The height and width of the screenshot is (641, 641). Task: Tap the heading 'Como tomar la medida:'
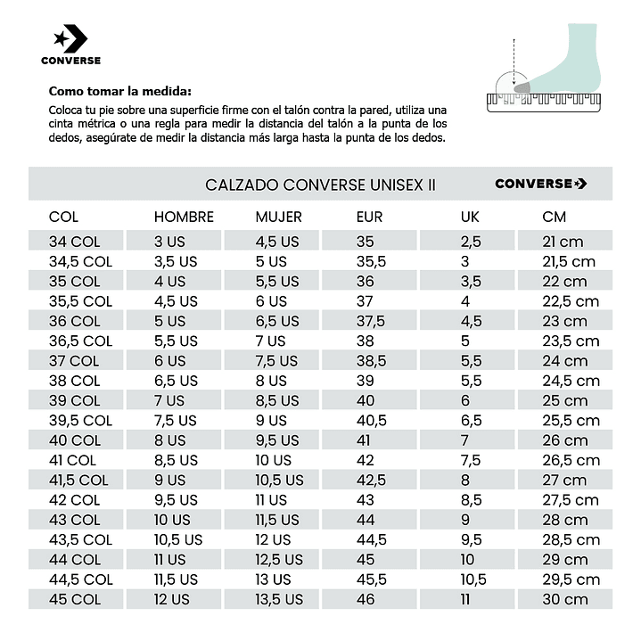[119, 91]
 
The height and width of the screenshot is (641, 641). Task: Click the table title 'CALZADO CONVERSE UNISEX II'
[321, 185]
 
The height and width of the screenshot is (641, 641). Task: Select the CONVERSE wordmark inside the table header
[540, 184]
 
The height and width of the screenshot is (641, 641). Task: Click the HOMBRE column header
[184, 217]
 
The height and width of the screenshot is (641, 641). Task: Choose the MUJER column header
[278, 217]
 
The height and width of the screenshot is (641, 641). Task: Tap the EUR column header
[369, 217]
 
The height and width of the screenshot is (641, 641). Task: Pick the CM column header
[554, 217]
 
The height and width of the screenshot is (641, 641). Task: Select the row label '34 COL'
[74, 242]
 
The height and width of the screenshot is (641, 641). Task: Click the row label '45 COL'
[74, 599]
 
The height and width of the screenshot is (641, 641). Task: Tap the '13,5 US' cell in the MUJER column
[279, 599]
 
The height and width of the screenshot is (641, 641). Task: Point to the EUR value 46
[366, 599]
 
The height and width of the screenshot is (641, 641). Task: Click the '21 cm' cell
[563, 242]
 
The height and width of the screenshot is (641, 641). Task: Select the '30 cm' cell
[564, 599]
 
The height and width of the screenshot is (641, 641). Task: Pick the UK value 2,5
[471, 242]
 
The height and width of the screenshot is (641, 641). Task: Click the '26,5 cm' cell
[571, 460]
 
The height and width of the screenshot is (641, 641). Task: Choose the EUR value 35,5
[371, 261]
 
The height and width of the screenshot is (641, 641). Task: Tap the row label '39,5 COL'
[80, 420]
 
